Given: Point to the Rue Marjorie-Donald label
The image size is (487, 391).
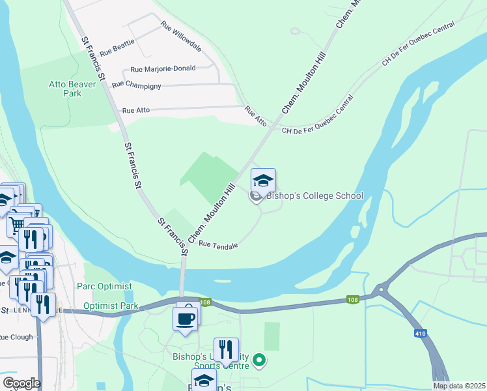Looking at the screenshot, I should click(x=163, y=69).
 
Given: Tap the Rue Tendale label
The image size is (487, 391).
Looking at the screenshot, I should click(x=218, y=245).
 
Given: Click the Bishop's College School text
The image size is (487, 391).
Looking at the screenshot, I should click(x=314, y=196).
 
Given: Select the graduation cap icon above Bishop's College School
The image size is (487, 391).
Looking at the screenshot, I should click(x=264, y=181).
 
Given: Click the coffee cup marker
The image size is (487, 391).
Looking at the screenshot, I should click(x=186, y=319).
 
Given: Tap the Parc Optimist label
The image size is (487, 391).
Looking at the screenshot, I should click(x=104, y=286).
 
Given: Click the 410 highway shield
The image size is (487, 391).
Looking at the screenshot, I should click(x=420, y=334).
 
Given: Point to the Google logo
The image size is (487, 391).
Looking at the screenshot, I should click(x=21, y=383).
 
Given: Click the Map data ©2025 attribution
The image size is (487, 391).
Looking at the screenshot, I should click(x=459, y=386).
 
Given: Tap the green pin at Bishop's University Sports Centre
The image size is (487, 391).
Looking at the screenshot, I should click(x=259, y=359).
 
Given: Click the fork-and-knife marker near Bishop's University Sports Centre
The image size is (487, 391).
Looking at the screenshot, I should click(x=226, y=349).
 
